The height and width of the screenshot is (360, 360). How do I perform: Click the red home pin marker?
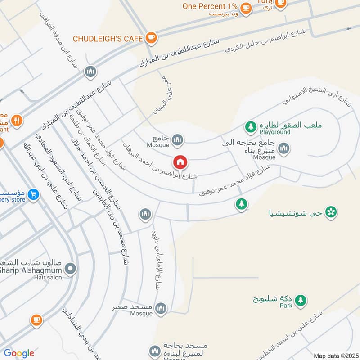click(180, 162)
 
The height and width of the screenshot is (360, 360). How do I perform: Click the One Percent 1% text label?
click(210, 6)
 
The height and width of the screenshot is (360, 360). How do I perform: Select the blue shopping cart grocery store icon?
click(33, 195)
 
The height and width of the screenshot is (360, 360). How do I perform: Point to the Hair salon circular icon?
click(70, 270)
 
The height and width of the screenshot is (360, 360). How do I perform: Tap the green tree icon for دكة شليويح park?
click(300, 300)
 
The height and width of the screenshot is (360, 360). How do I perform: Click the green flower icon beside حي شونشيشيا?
click(331, 211)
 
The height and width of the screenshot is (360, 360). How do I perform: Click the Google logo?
click(19, 353)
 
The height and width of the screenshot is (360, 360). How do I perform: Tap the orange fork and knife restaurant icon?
click(17, 120)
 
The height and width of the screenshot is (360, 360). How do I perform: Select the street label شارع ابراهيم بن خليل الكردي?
click(265, 41)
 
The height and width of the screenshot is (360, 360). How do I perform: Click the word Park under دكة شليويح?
click(285, 306)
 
